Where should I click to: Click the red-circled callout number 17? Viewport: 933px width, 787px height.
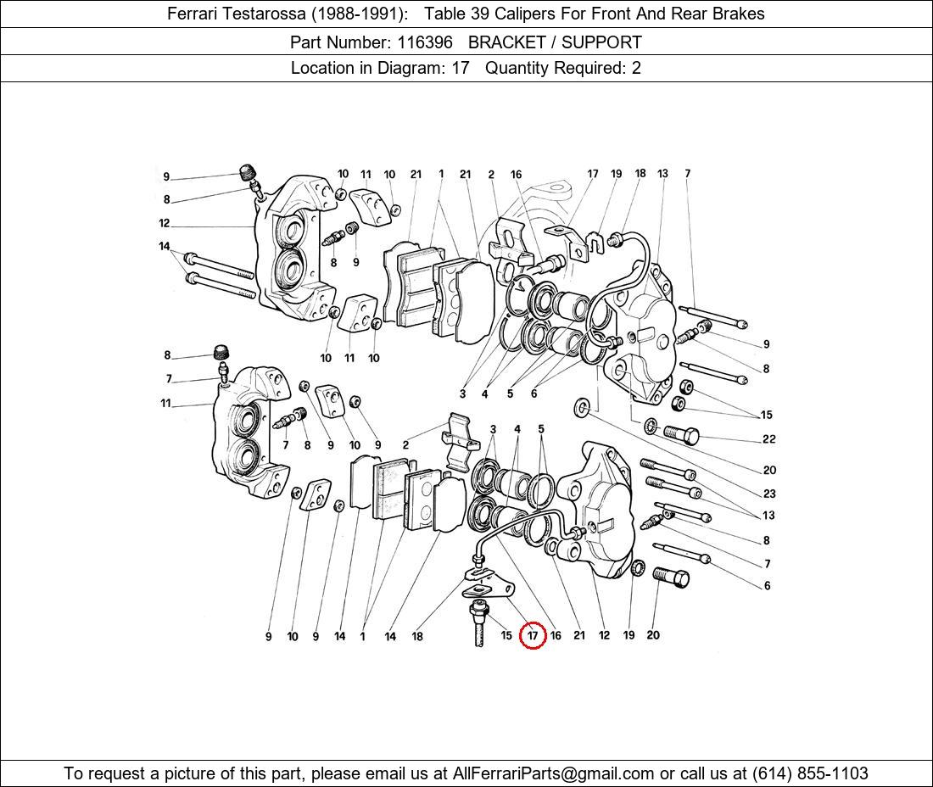coord(533,635)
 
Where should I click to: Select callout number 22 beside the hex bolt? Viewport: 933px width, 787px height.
coord(768,439)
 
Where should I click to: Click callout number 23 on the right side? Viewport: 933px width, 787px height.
coord(768,494)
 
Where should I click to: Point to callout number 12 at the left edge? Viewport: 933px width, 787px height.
coord(164,224)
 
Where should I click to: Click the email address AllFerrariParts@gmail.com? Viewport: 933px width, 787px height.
coord(554,773)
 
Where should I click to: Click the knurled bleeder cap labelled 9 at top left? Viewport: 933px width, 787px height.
coord(248,173)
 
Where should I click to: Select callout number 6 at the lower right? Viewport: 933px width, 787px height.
coord(767,586)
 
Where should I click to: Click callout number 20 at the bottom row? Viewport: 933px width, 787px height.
coord(652,635)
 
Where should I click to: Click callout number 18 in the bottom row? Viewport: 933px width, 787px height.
coord(417,636)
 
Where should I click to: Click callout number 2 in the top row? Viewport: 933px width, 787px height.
coord(491,175)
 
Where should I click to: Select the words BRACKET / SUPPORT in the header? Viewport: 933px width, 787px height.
coord(555,42)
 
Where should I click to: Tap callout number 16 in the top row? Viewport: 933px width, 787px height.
coord(516,175)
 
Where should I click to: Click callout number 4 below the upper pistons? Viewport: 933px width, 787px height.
coord(484,393)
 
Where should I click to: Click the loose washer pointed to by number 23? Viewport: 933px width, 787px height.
coord(584,408)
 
